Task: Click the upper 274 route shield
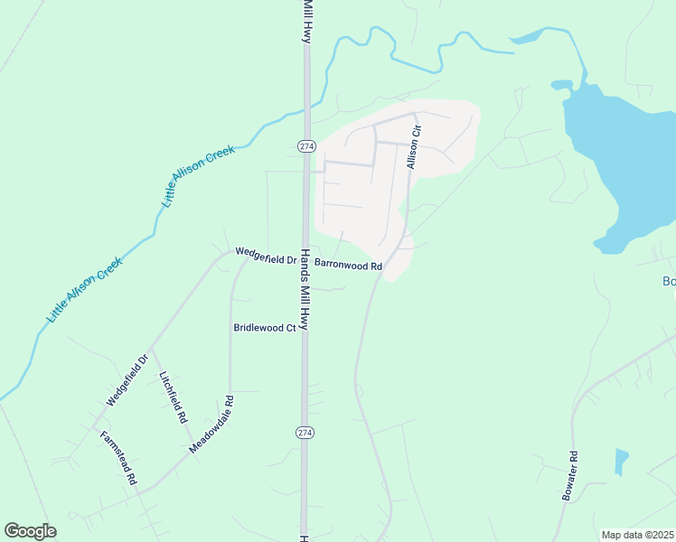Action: pyautogui.click(x=305, y=145)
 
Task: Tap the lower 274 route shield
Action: pyautogui.click(x=305, y=433)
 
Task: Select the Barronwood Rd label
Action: pyautogui.click(x=349, y=266)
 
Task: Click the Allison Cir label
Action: pyautogui.click(x=414, y=147)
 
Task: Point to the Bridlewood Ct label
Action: pyautogui.click(x=265, y=328)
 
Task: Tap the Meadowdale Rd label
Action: pyautogui.click(x=211, y=425)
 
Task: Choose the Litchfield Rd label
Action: pyautogui.click(x=173, y=397)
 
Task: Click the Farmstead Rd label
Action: pyautogui.click(x=118, y=458)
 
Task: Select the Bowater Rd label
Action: pyautogui.click(x=569, y=476)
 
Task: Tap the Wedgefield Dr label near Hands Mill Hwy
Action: pyautogui.click(x=267, y=256)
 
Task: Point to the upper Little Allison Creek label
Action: pyautogui.click(x=199, y=175)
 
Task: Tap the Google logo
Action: pyautogui.click(x=30, y=531)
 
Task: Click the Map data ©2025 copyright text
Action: pyautogui.click(x=637, y=535)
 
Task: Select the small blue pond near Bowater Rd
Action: pyautogui.click(x=621, y=462)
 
